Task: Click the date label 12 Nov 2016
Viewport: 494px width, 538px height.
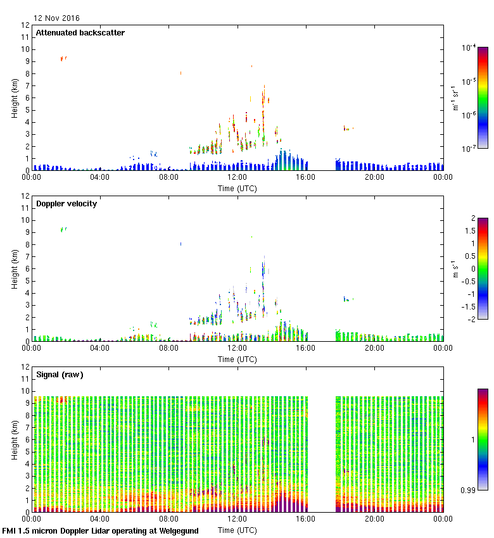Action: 57,18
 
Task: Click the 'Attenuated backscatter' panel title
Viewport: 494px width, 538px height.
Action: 80,33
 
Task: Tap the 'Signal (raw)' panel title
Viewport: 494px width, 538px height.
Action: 60,375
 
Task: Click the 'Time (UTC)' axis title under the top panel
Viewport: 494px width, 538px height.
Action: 237,188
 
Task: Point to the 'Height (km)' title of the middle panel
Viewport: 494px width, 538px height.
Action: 15,268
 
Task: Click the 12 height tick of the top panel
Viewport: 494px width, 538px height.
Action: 26,25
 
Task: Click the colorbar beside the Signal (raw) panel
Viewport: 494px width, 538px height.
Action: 483,439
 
